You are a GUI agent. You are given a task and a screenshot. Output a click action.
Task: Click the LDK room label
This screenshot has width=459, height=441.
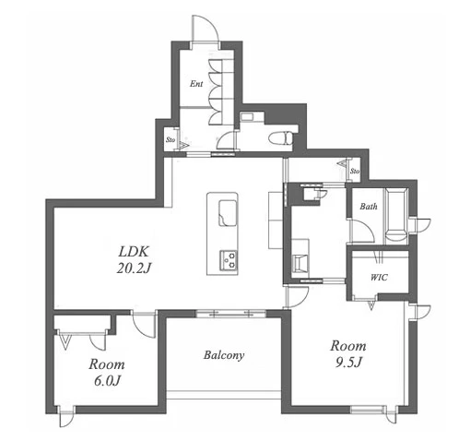click(134, 252)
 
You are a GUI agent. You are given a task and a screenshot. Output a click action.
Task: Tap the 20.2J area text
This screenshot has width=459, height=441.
click(134, 268)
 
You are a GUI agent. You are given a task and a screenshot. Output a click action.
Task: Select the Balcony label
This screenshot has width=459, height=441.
click(224, 355)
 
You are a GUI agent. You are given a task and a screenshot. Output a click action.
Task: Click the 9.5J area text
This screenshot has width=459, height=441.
click(348, 363)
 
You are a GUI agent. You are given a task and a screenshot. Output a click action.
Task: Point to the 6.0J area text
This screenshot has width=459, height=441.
click(107, 381)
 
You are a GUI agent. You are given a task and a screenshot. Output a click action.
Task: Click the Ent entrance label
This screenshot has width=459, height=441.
click(196, 84)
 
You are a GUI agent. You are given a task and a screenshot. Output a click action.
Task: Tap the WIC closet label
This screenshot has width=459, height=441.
click(379, 278)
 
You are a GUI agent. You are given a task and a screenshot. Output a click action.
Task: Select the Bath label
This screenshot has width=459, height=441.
click(369, 206)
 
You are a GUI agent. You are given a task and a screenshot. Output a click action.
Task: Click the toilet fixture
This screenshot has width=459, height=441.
click(280, 137)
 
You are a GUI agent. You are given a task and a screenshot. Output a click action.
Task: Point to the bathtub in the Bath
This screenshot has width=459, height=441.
click(396, 215)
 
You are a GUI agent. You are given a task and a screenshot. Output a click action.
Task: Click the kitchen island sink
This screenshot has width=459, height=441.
click(228, 213)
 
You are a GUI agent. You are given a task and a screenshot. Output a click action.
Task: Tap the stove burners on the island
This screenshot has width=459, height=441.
click(229, 260)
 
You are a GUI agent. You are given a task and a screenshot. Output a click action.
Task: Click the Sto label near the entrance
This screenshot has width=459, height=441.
click(171, 140)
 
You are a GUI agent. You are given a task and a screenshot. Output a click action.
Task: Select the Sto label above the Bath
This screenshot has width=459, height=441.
click(355, 171)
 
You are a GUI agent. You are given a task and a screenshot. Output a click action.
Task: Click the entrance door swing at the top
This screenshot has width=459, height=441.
click(206, 30)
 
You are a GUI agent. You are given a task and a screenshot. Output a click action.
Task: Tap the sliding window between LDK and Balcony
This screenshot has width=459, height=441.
click(231, 314)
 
